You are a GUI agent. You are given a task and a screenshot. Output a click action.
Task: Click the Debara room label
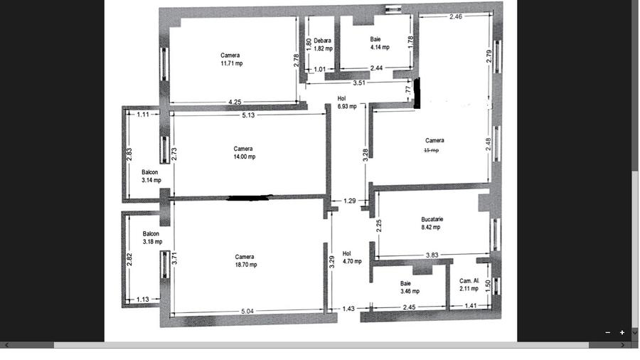[322, 41]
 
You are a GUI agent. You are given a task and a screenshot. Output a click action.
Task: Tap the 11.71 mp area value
[231, 63]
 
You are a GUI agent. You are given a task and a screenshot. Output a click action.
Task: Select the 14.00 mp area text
[244, 157]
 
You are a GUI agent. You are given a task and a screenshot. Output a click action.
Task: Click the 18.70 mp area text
[245, 265]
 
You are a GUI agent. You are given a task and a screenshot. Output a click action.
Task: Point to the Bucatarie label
[432, 219]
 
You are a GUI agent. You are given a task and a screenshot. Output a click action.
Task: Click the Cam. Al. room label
[469, 280]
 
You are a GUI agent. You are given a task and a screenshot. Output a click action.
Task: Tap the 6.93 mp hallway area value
[348, 106]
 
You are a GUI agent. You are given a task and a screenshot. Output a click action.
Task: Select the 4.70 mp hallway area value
[351, 261]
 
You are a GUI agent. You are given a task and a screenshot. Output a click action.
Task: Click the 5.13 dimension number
[248, 115]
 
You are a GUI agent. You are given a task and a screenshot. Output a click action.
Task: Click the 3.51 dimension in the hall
[359, 83]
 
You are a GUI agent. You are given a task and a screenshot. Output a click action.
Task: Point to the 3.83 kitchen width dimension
[432, 255]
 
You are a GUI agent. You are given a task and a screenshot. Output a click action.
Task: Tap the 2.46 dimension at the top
[456, 16]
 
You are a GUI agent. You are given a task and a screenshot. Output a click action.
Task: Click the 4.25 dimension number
[235, 102]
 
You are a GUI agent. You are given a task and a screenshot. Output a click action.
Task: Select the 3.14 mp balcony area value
[151, 180]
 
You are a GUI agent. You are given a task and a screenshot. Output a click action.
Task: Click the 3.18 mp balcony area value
[152, 241]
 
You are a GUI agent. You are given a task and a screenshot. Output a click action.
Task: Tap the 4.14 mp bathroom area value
[380, 47]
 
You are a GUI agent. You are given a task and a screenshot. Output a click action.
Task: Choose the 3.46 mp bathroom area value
[410, 291]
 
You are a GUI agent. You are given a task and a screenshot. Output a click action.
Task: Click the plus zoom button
[622, 332]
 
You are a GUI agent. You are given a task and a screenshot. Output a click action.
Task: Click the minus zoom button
[608, 332]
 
